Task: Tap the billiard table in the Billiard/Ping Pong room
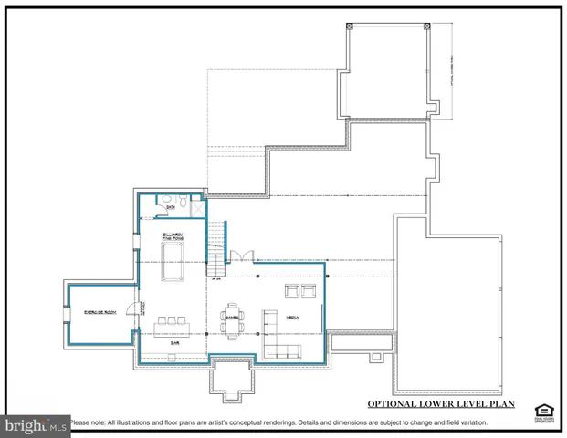point(171,273)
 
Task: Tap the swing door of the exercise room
point(133,310)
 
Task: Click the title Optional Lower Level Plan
point(441,403)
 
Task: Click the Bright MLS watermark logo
point(37,425)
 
